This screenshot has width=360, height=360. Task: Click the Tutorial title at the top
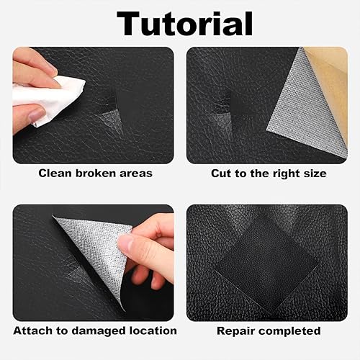184,24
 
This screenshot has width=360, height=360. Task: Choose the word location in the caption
153,330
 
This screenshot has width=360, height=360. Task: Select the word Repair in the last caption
235,331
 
